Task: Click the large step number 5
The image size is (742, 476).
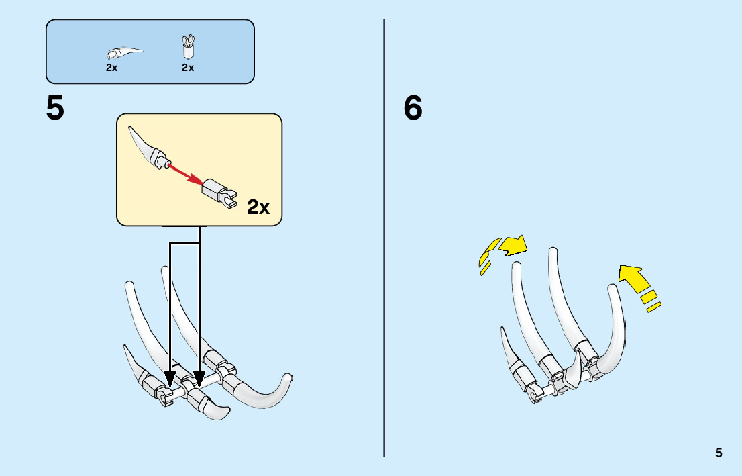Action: (55, 109)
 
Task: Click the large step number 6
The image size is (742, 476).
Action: (413, 109)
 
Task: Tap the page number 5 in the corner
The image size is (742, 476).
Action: (719, 453)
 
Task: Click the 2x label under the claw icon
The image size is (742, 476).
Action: (111, 68)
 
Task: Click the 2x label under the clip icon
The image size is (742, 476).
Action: (188, 68)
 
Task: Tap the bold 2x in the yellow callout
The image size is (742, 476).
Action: (258, 207)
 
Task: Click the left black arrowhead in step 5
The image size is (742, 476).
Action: (170, 377)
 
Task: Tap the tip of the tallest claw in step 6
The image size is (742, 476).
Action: (553, 251)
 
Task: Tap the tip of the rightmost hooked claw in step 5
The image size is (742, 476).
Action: (288, 377)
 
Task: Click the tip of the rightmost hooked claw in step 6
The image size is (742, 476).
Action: (612, 289)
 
